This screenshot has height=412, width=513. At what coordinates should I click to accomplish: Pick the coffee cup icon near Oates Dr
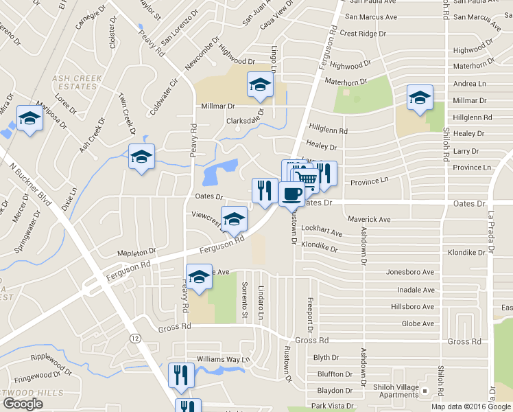coord(291,194)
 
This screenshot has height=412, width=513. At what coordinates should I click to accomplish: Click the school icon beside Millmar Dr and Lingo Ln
coord(260,84)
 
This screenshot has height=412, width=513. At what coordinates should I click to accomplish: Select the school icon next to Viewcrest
coord(234,218)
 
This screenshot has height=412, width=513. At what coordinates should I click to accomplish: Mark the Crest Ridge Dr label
coord(368,33)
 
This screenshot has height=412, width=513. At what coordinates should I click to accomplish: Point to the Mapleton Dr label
coord(136,252)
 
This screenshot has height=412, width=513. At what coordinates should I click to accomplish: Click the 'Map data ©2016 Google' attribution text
coord(471,407)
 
